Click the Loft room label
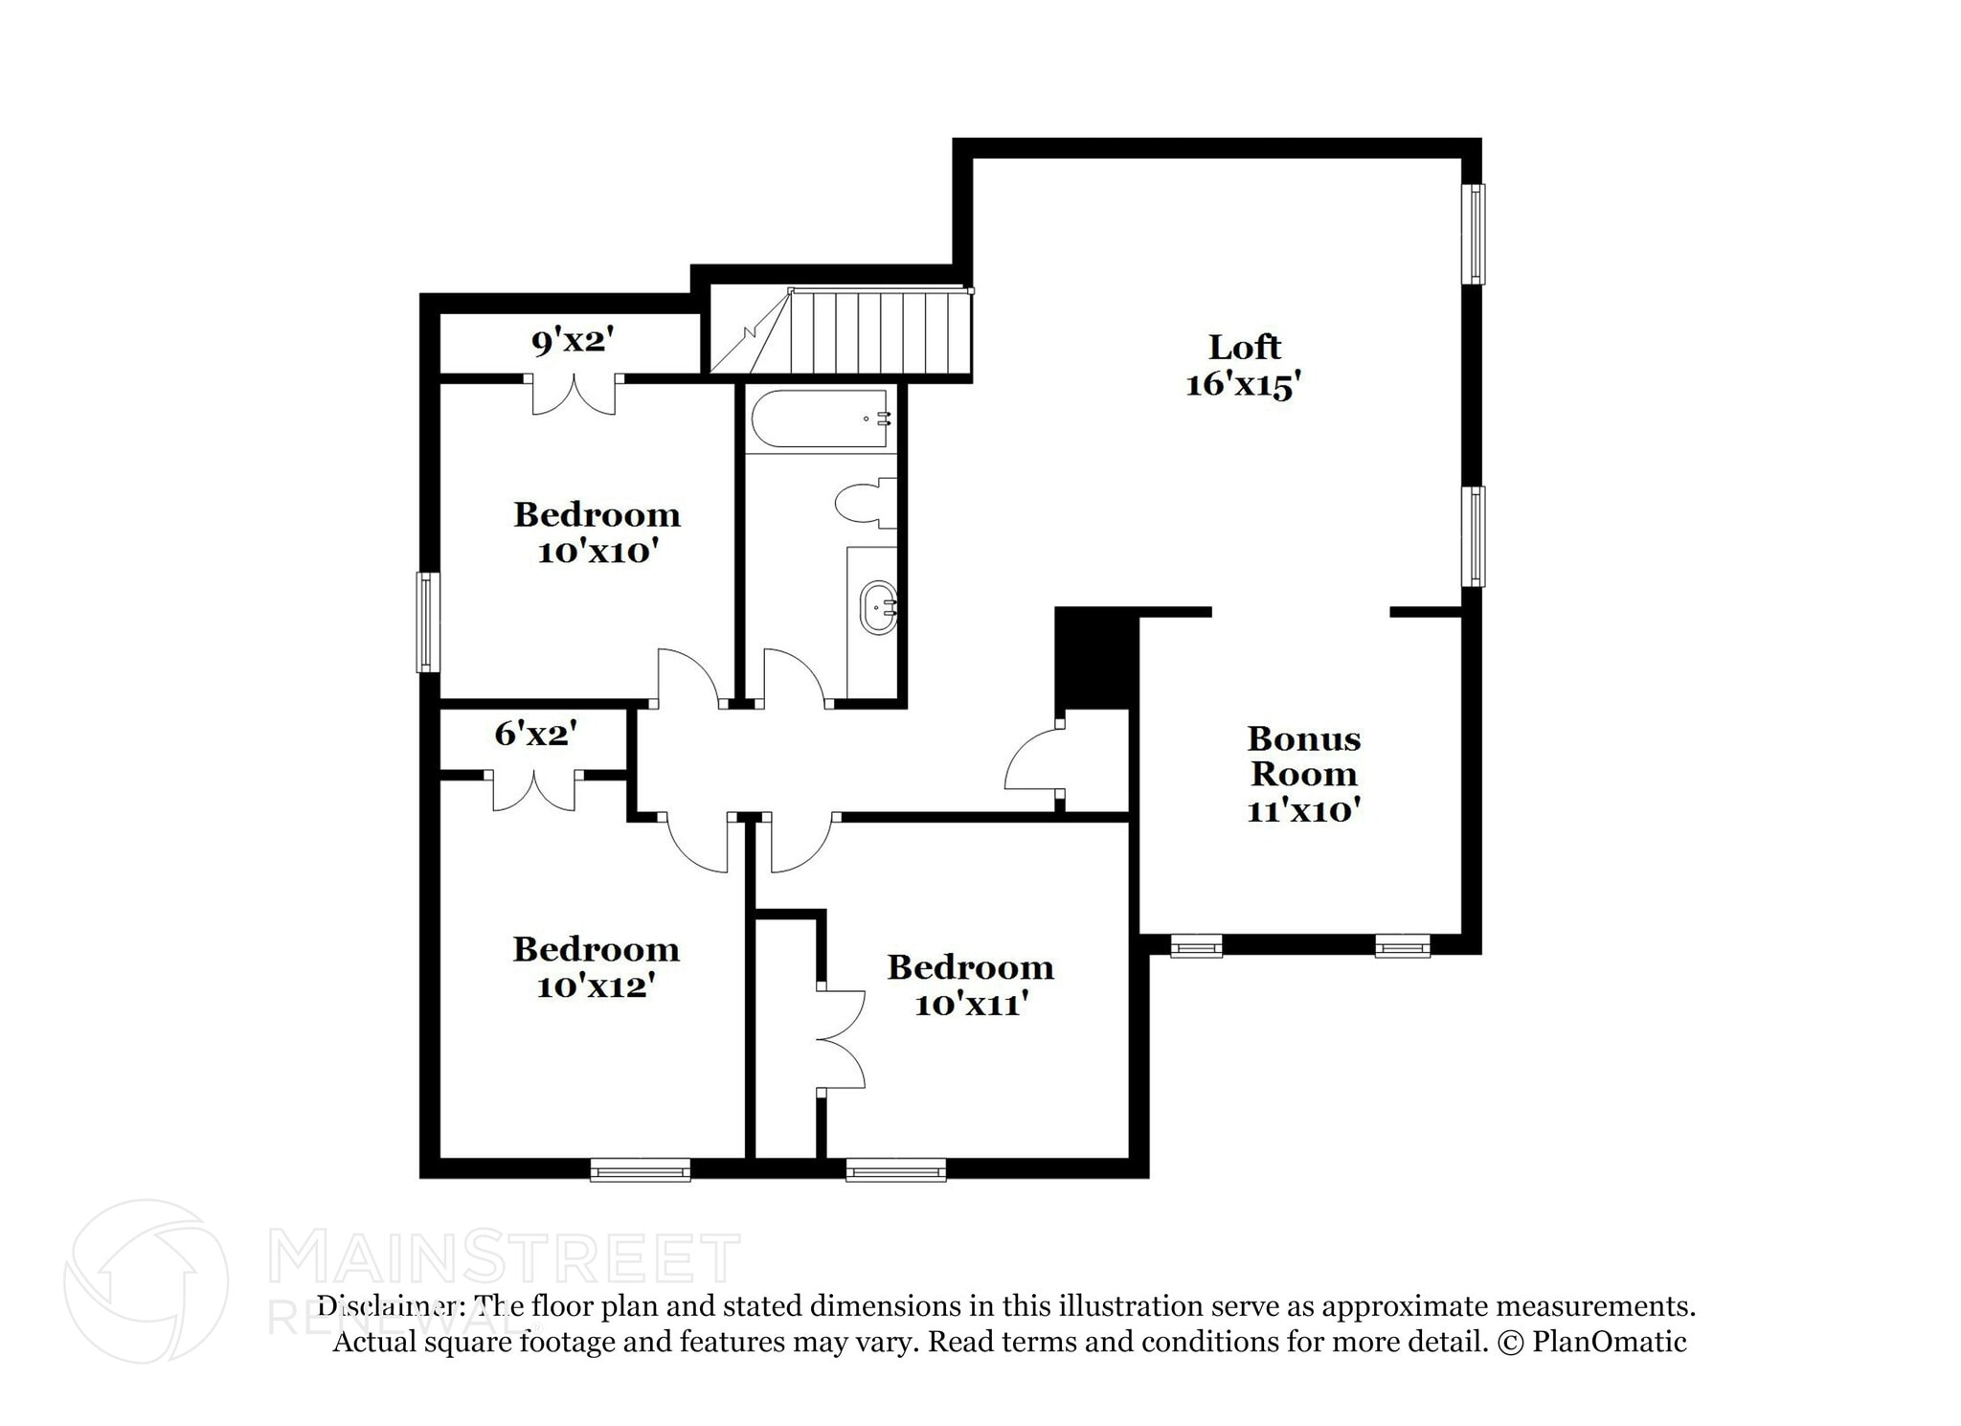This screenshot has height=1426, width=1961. [x=1244, y=347]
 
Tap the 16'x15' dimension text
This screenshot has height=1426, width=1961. [x=1244, y=385]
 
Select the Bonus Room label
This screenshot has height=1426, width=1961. [x=1303, y=756]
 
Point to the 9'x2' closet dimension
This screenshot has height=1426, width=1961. [x=573, y=340]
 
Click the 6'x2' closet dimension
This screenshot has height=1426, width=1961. [x=535, y=734]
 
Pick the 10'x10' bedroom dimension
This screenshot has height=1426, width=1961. [x=597, y=553]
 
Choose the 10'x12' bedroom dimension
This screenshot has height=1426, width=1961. [x=596, y=985]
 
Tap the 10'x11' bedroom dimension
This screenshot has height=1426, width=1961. [x=971, y=1005]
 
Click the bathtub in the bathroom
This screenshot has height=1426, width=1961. [x=821, y=419]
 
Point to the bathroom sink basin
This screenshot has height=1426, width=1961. [x=878, y=607]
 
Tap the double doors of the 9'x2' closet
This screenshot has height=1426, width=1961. [x=574, y=396]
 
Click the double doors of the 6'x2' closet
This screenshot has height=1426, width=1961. [x=534, y=790]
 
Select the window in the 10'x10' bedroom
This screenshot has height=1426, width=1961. [x=428, y=622]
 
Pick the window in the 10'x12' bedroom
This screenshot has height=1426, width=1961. [x=640, y=1169]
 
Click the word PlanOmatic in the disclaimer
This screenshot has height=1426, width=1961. [x=1609, y=1342]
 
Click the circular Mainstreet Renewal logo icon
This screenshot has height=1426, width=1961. [x=146, y=1280]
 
